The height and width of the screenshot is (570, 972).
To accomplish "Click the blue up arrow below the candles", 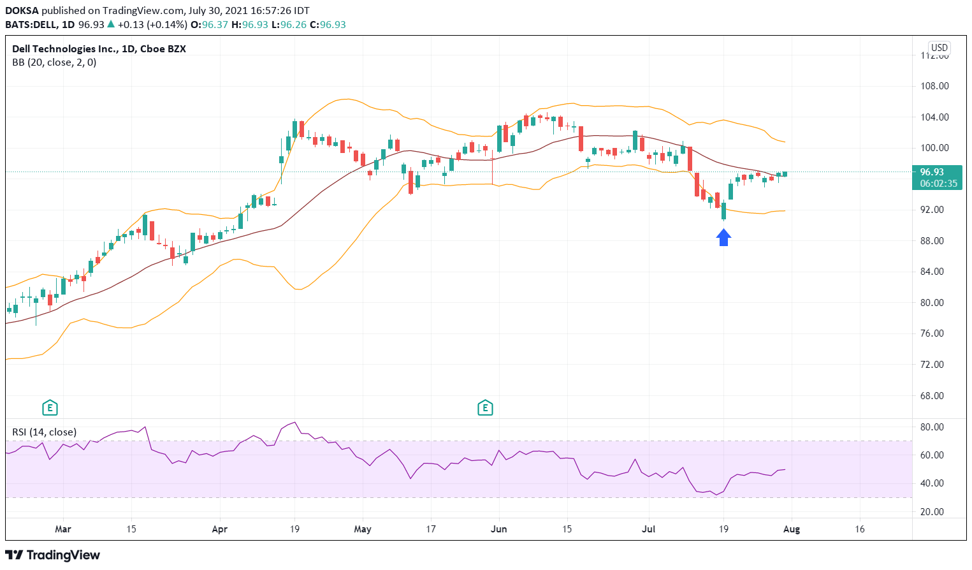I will tap(723, 238).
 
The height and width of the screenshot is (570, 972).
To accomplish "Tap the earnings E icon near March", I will tap(50, 407).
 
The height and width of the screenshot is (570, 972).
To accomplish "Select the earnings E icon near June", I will tap(485, 407).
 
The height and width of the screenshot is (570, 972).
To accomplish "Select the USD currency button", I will tap(939, 48).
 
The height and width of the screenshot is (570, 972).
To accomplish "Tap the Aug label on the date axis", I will tap(791, 529).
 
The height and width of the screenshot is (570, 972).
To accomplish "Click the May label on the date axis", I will tap(362, 529).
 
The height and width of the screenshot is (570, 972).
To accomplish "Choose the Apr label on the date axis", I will tap(220, 529).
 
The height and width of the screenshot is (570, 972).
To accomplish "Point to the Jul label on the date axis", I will tap(649, 529).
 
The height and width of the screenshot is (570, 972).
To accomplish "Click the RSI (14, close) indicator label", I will tap(45, 432).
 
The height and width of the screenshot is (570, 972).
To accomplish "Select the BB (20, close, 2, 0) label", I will tap(54, 62).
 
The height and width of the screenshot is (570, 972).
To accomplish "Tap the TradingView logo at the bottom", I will tap(53, 555).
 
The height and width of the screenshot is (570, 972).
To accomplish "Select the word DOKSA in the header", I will tap(21, 11).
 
